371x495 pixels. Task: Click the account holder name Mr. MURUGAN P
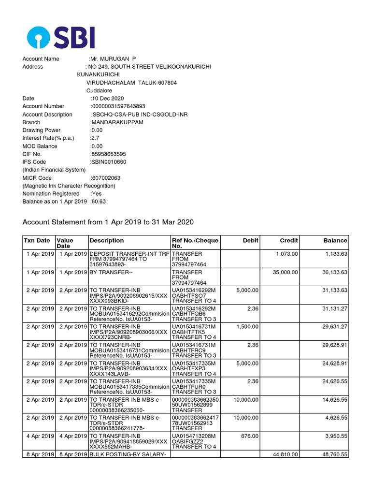[x=109, y=59]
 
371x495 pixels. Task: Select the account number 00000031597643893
[x=118, y=106]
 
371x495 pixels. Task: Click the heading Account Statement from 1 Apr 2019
[x=108, y=222]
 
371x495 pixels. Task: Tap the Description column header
[x=107, y=241]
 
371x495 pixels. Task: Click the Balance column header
[x=335, y=241]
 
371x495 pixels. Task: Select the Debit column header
[x=250, y=241]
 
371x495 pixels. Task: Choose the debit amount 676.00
[x=250, y=437]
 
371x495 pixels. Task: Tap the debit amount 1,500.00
[x=247, y=327]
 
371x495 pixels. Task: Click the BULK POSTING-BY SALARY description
[x=128, y=455]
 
